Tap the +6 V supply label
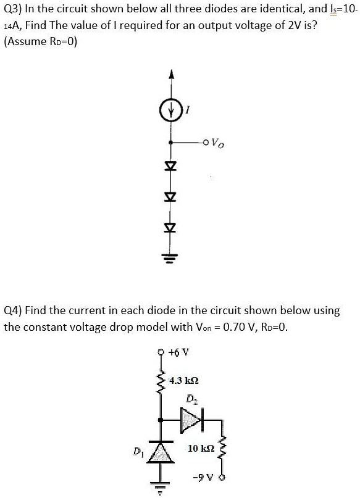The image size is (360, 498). (182, 354)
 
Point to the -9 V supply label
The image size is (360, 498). (202, 478)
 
